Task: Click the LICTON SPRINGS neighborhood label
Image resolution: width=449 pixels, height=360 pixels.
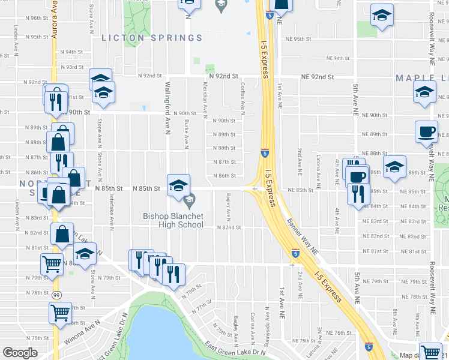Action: click(x=152, y=38)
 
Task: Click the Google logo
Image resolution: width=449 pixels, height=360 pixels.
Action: click(x=20, y=353)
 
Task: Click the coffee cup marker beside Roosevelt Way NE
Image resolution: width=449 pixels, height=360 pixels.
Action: click(x=427, y=131)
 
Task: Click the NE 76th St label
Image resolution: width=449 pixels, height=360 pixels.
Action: click(x=339, y=332)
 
